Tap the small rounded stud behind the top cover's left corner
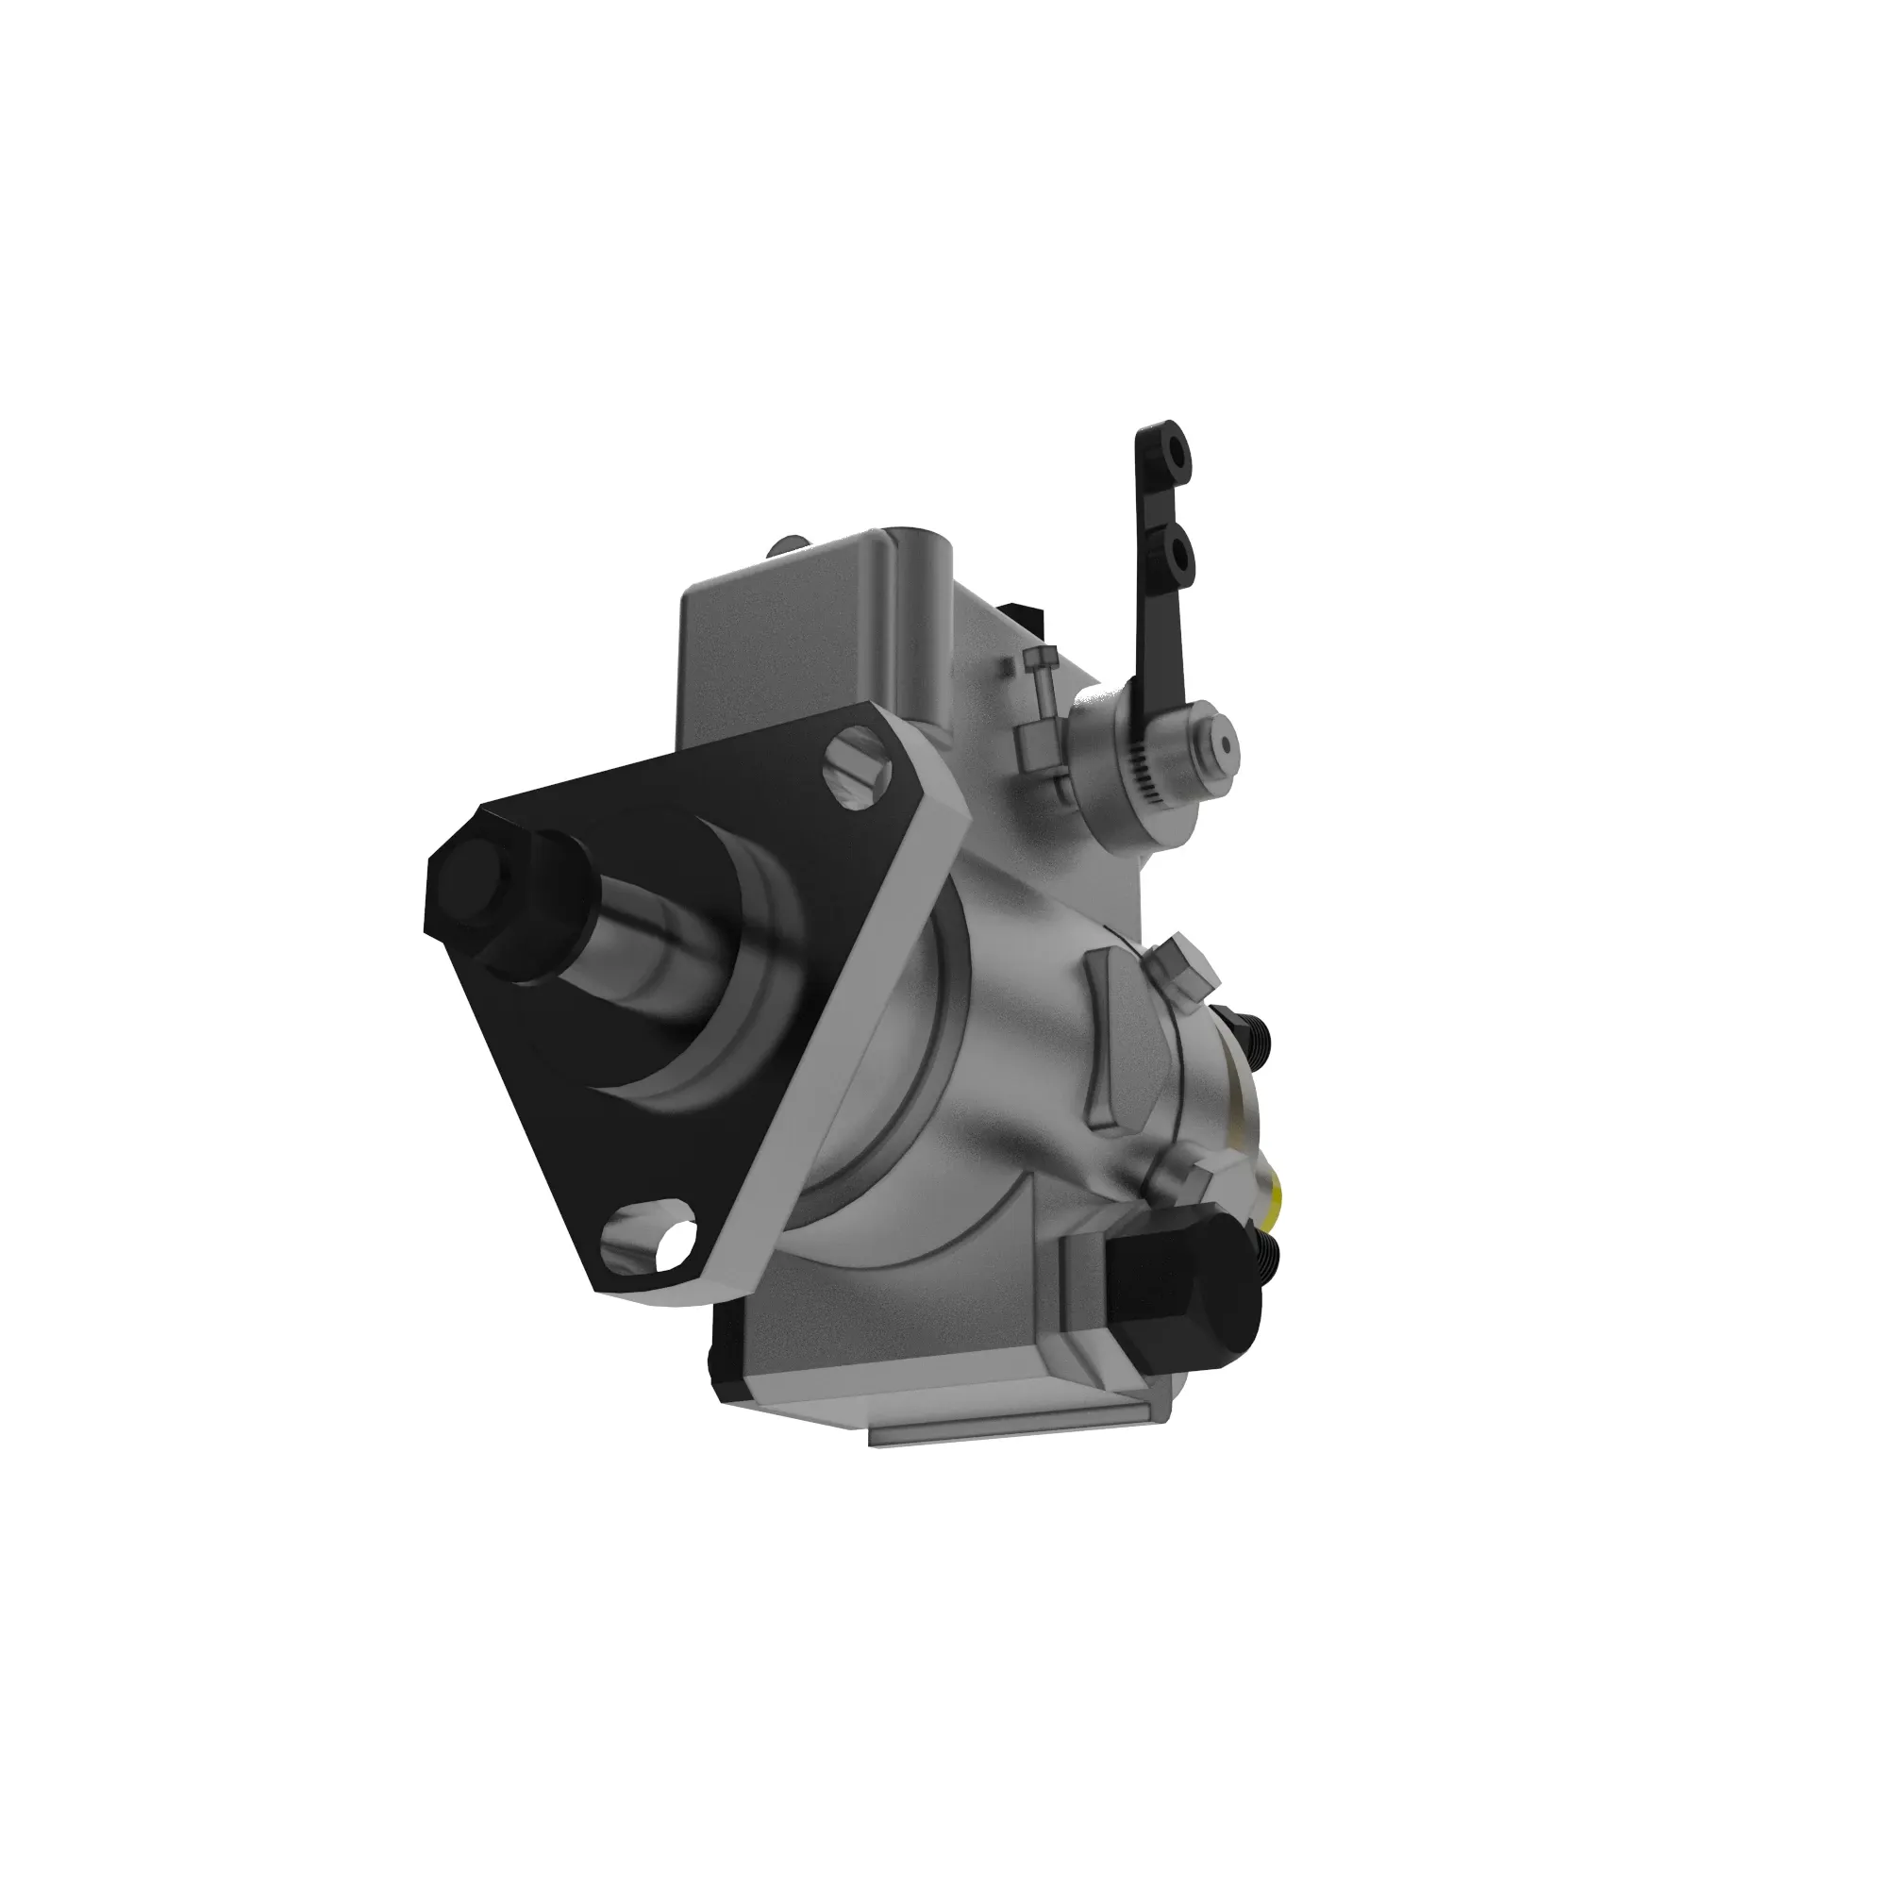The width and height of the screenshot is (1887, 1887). coord(788,544)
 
